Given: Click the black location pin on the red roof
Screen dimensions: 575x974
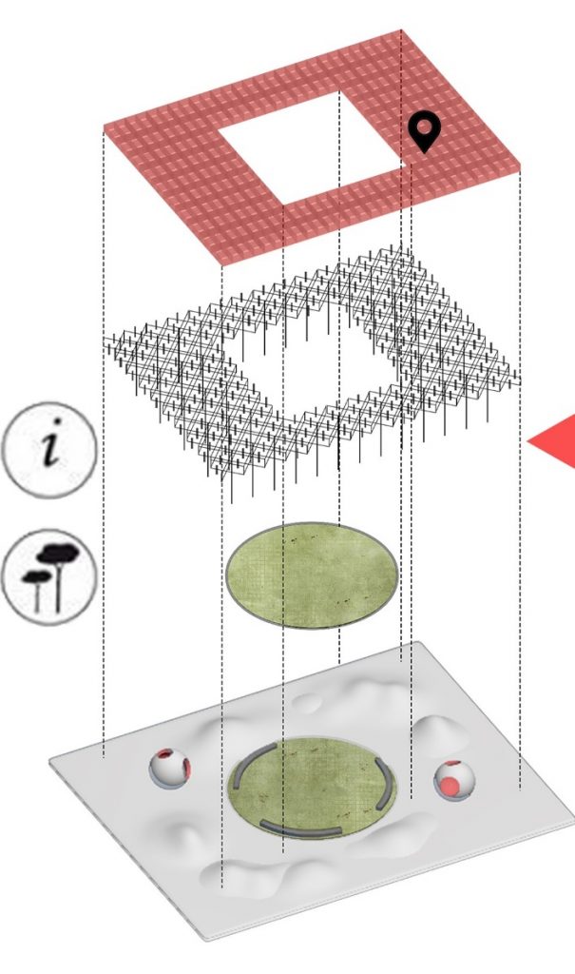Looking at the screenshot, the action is (424, 131).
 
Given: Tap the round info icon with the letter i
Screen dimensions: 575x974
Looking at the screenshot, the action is (49, 450).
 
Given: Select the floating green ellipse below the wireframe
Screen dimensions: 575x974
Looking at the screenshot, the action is (312, 575).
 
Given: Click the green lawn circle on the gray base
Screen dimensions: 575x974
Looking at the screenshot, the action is (312, 788).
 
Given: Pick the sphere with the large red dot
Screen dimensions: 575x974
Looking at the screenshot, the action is (454, 780).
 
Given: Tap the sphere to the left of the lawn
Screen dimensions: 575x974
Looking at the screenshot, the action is (169, 769).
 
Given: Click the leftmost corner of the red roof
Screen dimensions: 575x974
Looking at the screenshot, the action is (104, 127).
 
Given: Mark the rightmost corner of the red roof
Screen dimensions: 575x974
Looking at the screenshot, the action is (521, 166).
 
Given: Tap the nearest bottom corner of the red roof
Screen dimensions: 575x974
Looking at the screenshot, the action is (221, 266).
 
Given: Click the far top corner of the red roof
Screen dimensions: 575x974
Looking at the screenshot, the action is (401, 29).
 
